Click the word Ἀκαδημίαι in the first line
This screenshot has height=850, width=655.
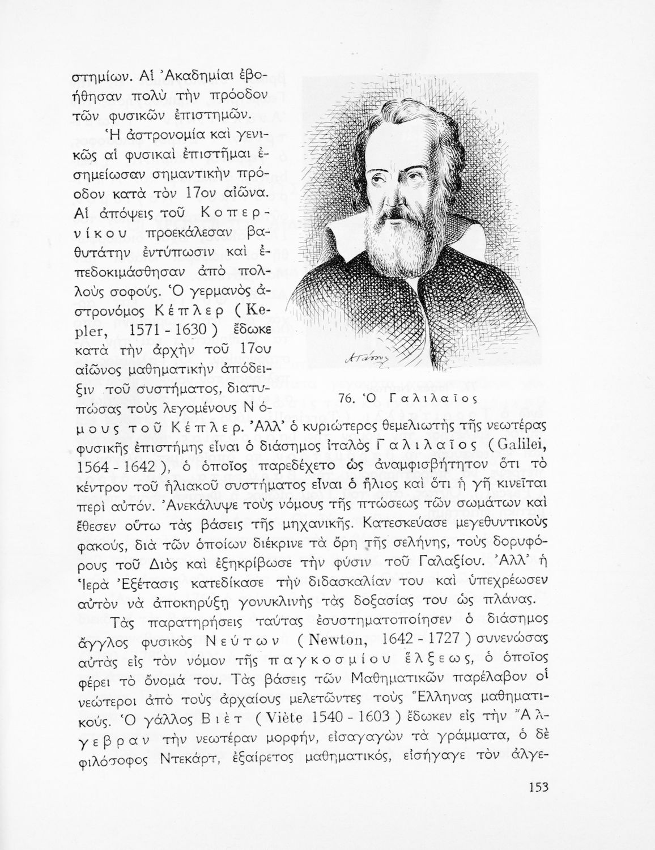[x=158, y=76]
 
